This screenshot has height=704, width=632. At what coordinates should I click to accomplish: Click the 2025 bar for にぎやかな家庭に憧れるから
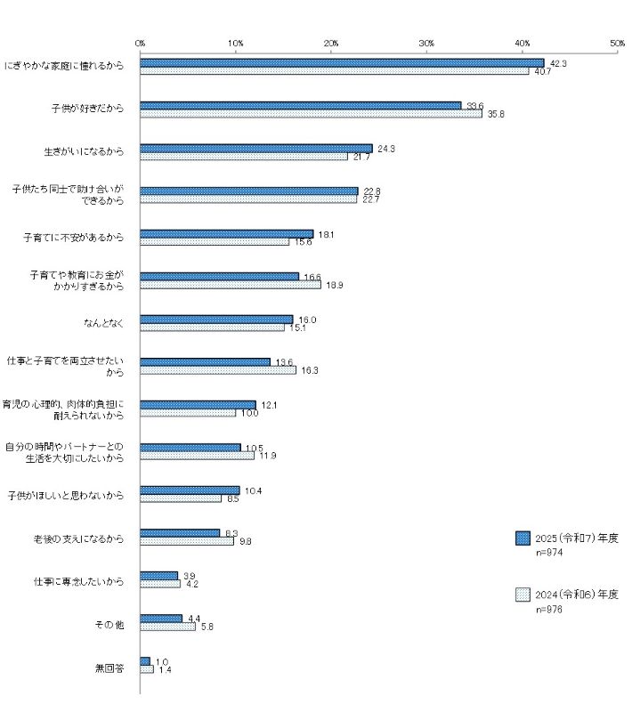[x=342, y=63]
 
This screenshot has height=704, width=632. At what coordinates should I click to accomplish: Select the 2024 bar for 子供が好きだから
[x=311, y=114]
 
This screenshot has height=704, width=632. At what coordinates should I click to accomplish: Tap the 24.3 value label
[x=386, y=148]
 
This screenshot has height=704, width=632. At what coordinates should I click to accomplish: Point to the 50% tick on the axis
[x=618, y=42]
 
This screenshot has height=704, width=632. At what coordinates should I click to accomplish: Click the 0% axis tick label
[x=141, y=42]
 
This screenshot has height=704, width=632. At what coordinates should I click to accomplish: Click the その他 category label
[x=109, y=623]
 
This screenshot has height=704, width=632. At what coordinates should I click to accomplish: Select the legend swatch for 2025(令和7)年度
[x=523, y=538]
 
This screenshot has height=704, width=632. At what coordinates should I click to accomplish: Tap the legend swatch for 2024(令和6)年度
[x=523, y=595]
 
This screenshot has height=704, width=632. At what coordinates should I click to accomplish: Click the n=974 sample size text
[x=549, y=553]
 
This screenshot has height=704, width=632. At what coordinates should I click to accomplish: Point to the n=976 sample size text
[x=549, y=610]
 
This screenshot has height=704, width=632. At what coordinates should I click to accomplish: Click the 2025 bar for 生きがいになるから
[x=256, y=149]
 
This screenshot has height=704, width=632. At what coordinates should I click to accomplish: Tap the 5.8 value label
[x=206, y=627]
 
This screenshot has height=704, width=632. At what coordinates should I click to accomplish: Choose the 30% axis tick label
[x=426, y=42]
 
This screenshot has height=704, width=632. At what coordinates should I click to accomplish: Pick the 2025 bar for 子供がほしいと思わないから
[x=190, y=490]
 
